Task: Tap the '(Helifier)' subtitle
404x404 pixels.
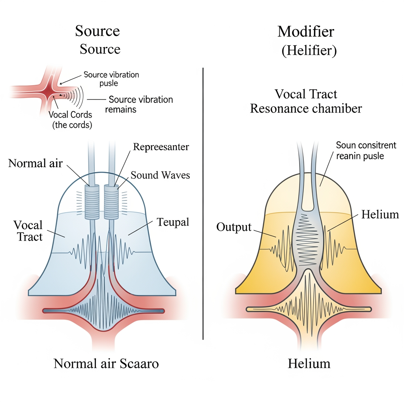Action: [309, 51]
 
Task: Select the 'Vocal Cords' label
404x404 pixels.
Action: [70, 115]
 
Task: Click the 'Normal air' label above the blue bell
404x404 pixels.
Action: [36, 163]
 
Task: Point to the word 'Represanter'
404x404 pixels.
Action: [161, 147]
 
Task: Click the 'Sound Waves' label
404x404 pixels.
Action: [160, 175]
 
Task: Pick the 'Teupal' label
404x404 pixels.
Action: [173, 222]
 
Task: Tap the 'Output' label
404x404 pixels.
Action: [234, 227]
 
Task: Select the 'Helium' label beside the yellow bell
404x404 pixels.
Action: [380, 214]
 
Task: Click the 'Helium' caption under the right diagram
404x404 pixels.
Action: [309, 363]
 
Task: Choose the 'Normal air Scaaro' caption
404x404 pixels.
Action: [106, 363]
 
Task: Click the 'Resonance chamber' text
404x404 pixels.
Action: [306, 108]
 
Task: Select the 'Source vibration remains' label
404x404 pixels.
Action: [140, 104]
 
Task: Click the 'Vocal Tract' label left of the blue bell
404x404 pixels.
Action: [28, 230]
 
